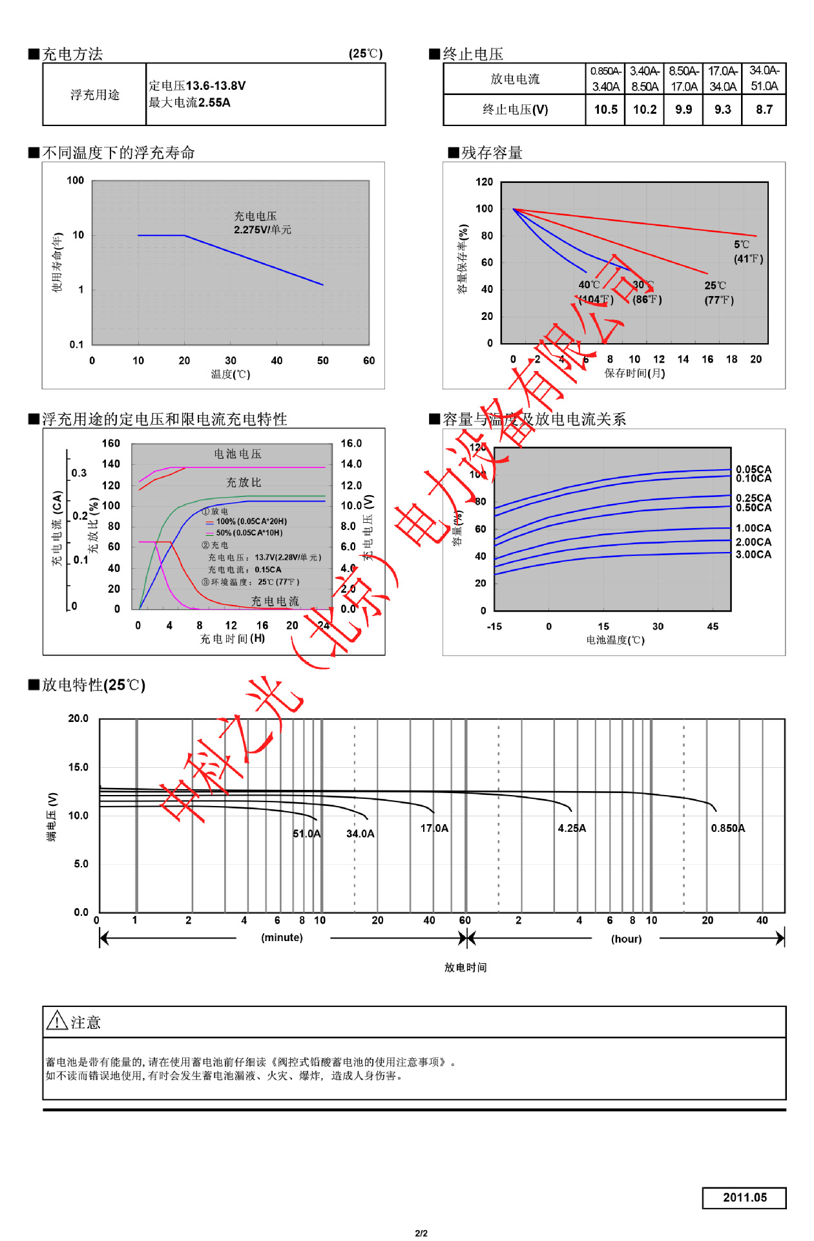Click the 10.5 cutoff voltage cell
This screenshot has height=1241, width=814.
(605, 109)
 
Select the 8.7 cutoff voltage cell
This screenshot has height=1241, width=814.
(764, 109)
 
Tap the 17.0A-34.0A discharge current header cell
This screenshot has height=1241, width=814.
(722, 79)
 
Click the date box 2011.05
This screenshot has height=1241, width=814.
(744, 1197)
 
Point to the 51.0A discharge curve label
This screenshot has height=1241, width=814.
(306, 834)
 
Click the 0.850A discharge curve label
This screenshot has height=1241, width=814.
(727, 828)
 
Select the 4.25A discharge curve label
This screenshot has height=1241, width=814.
(572, 828)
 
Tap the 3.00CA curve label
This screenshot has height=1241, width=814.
(753, 555)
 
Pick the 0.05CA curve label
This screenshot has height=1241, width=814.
(753, 469)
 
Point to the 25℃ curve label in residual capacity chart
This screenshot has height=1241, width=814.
(715, 285)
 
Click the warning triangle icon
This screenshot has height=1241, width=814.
(57, 1021)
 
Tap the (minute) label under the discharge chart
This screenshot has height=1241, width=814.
(282, 937)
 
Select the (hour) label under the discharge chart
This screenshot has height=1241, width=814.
(626, 939)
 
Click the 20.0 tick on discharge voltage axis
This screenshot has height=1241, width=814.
(78, 718)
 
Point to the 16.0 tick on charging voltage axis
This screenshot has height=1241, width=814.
(351, 443)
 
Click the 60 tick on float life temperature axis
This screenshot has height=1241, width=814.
(369, 361)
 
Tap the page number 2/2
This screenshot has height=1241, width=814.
(421, 1233)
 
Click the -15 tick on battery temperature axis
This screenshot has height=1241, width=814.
(494, 626)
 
